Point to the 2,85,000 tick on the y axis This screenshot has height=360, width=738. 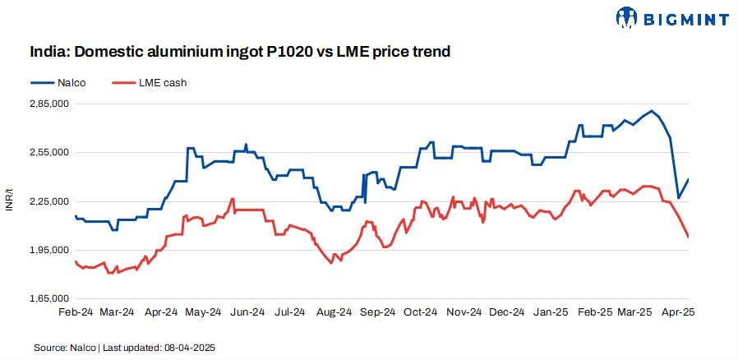48,104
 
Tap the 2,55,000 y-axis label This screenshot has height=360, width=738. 48,153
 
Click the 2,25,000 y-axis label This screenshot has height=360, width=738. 48,201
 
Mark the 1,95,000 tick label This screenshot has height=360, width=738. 48,250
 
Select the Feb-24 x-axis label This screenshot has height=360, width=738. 75,312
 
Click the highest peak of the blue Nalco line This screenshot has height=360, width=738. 652,111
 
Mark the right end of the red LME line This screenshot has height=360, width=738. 688,238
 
